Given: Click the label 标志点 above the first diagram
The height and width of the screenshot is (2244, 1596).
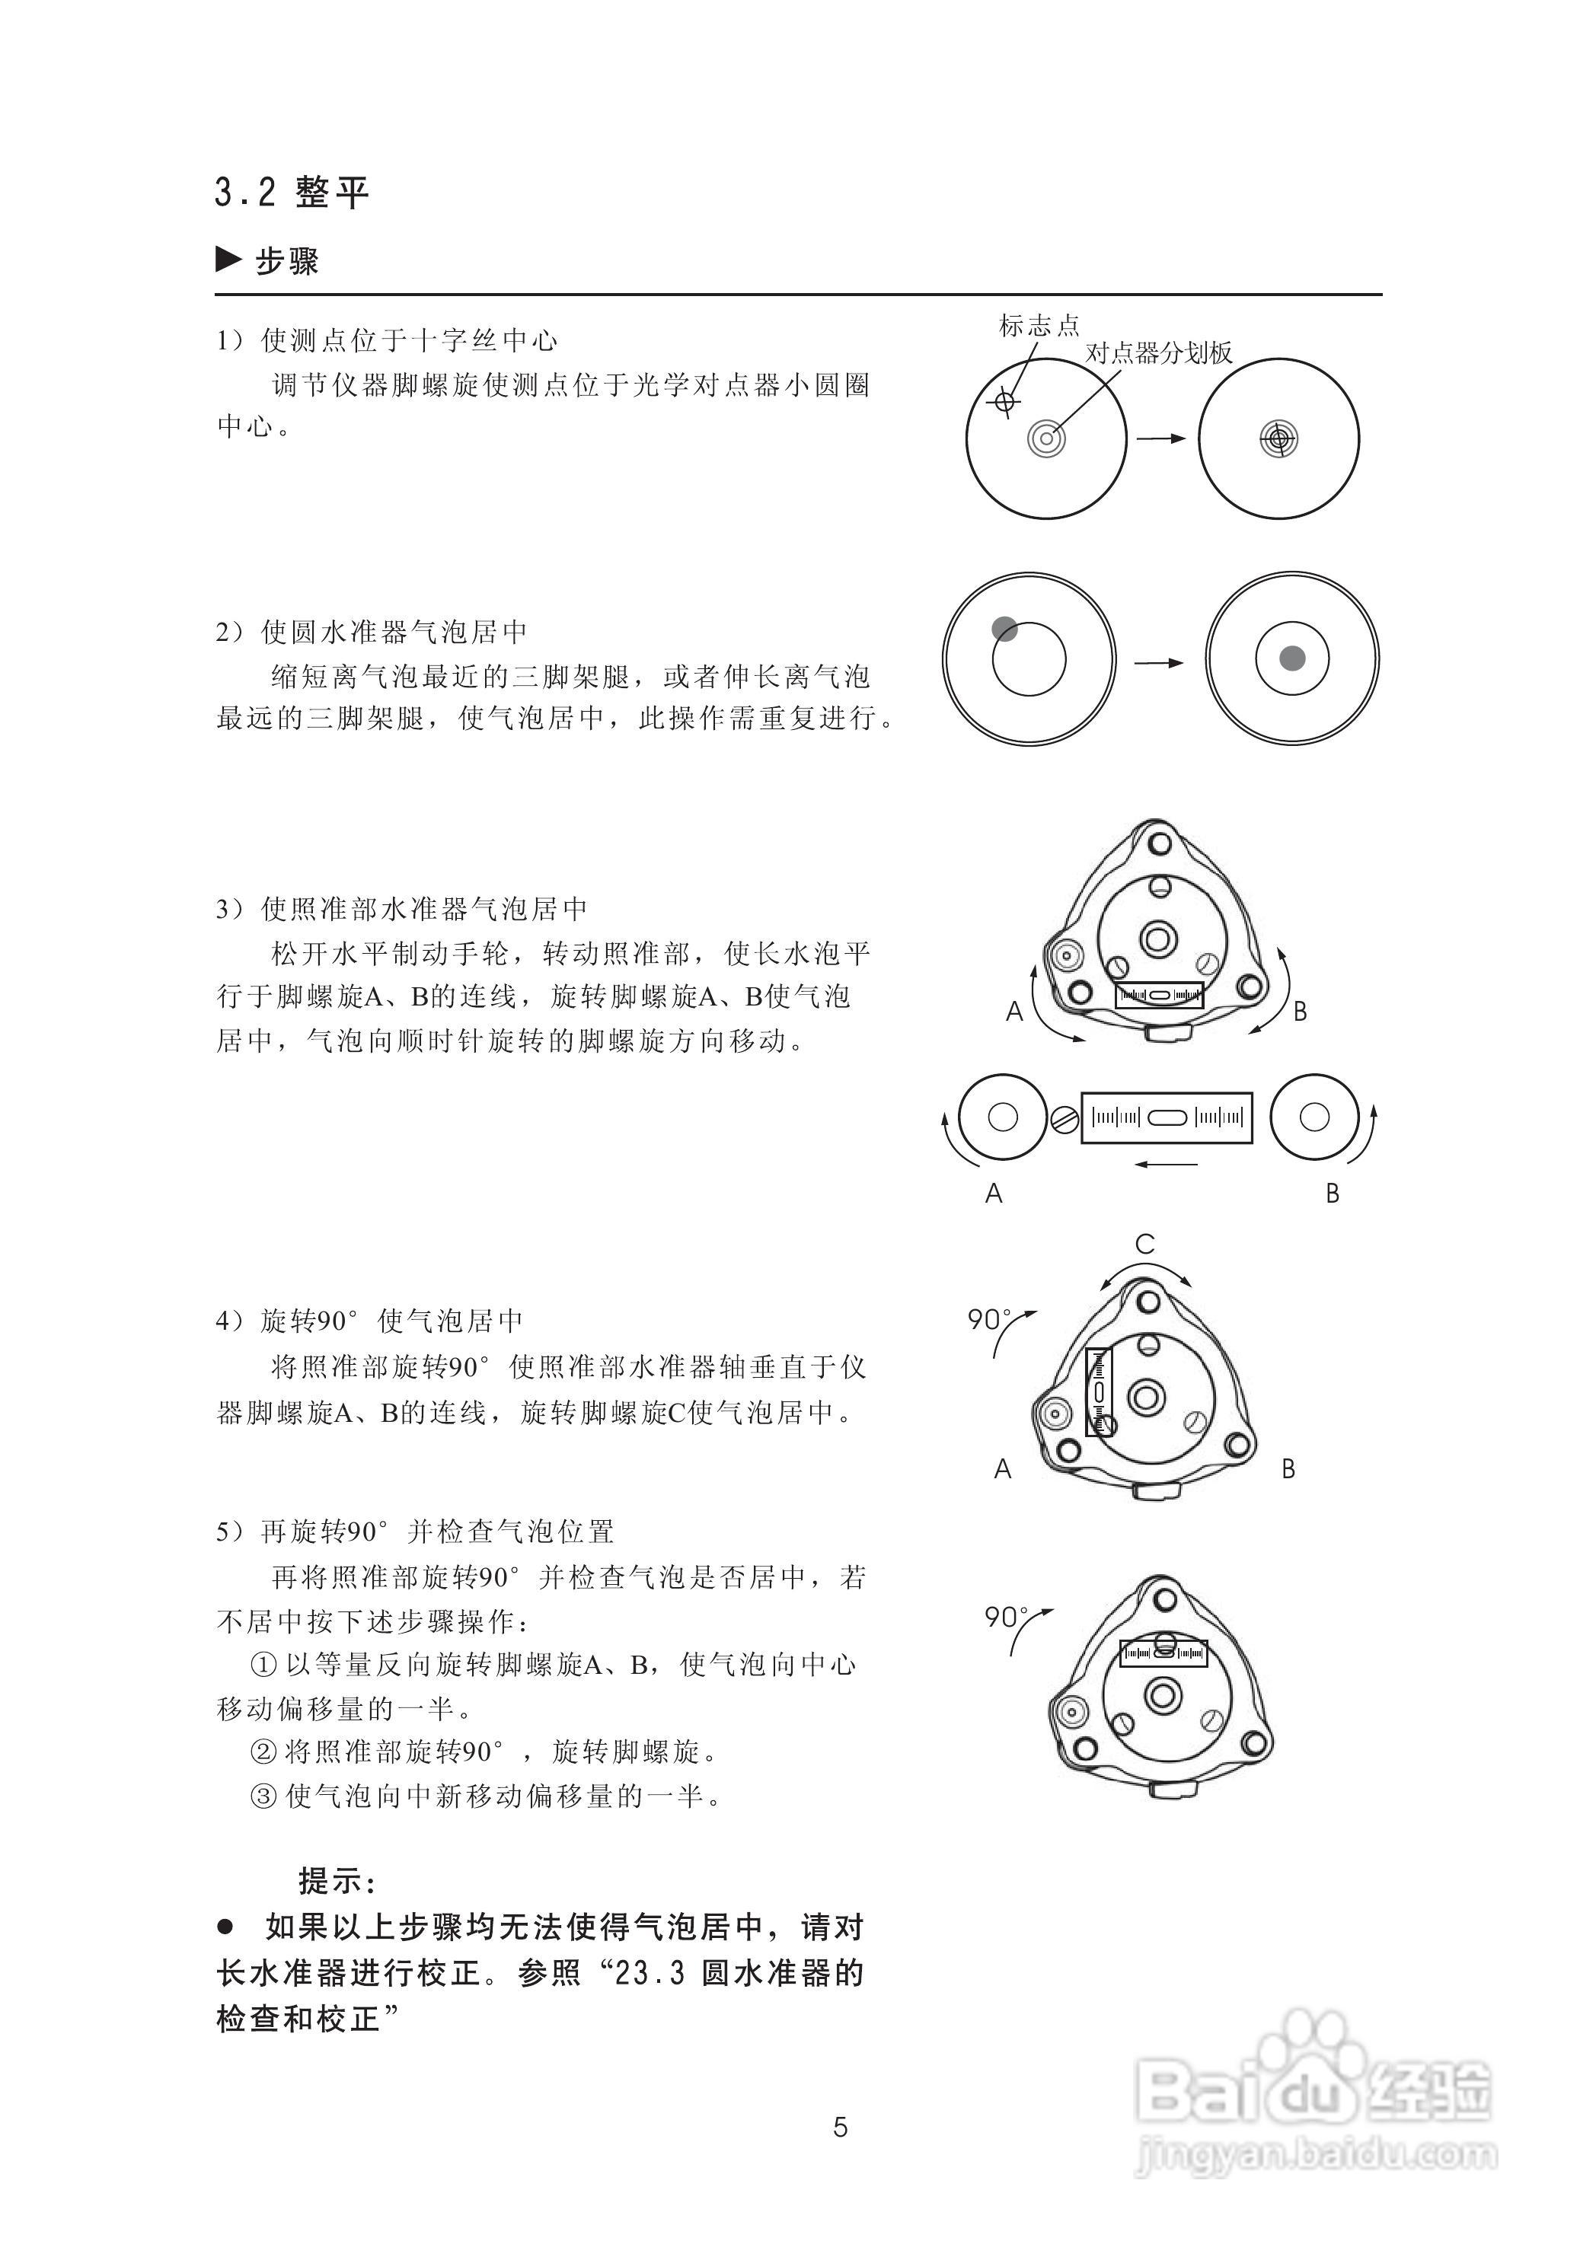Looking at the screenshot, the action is pos(1039,325).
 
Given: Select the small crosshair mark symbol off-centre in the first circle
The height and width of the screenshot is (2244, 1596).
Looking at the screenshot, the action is pos(1004,401).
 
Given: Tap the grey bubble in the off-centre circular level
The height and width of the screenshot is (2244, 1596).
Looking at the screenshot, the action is pos(1004,629).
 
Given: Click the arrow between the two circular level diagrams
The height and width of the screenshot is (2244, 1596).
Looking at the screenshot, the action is pos(1160,663).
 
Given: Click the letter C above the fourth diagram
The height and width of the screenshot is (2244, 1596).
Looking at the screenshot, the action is pos(1145,1245).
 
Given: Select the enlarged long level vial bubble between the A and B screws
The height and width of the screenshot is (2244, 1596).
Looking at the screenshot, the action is pos(1167,1117).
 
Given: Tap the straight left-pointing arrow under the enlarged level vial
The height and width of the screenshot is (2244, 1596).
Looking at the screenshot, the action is pos(1166,1165).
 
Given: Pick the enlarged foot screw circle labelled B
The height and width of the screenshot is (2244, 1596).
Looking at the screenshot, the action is pos(1314,1117).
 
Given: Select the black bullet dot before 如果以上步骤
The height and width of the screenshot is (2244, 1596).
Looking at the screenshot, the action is pos(226,1927).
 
